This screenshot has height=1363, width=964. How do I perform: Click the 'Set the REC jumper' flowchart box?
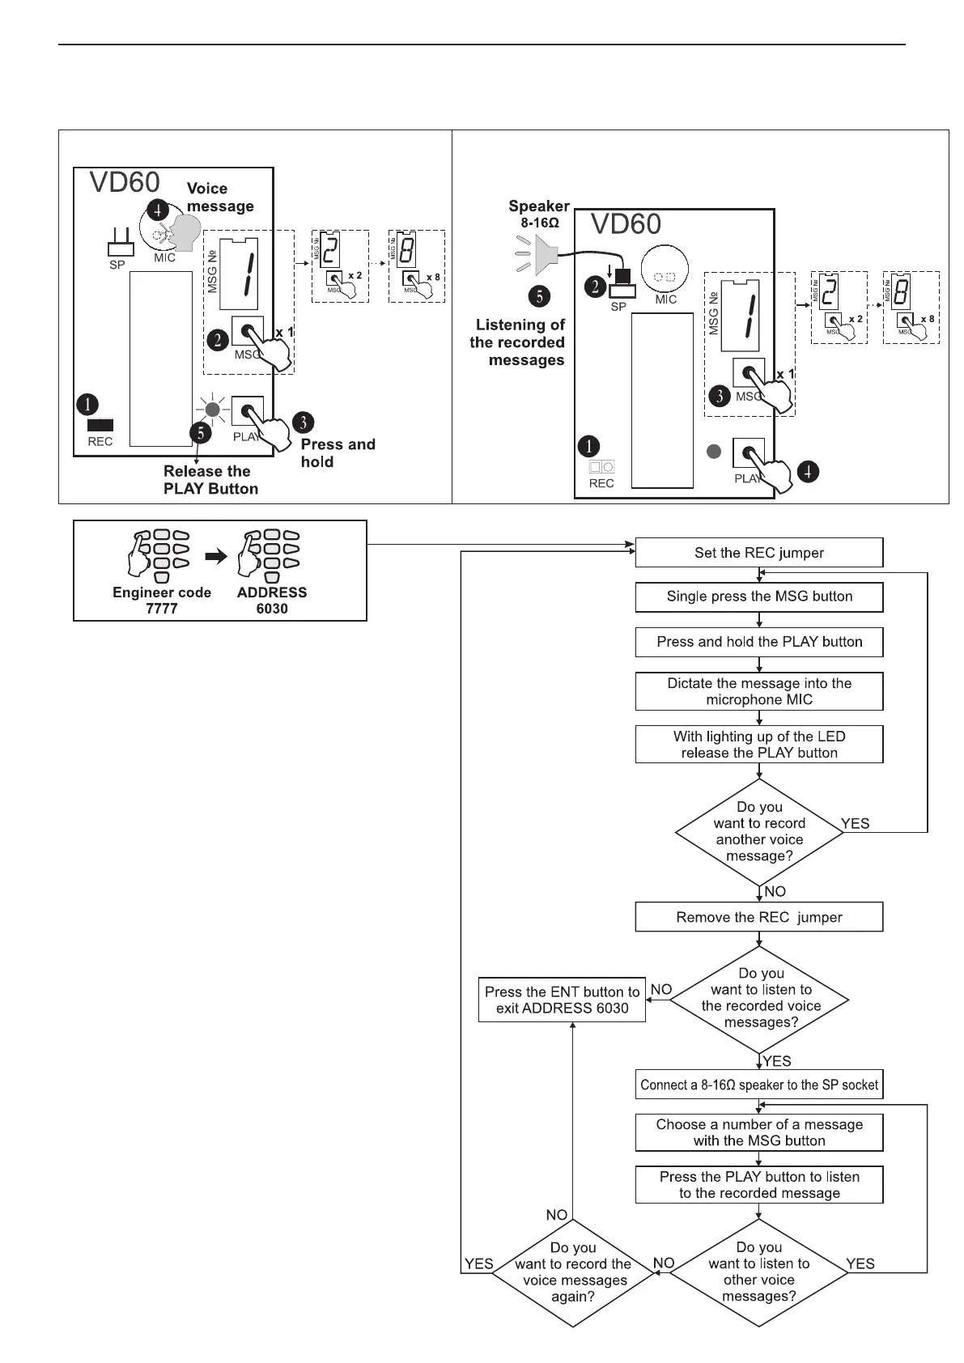click(758, 553)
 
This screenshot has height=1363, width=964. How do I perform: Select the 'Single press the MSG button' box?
click(758, 597)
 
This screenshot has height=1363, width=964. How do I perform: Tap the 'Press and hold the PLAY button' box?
click(758, 642)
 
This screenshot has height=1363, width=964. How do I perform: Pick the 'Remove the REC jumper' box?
click(758, 917)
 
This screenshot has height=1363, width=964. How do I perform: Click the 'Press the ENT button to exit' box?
click(562, 1000)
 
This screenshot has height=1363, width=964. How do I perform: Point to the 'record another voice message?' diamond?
click(759, 831)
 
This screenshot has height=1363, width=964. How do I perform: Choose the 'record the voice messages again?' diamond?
click(573, 1272)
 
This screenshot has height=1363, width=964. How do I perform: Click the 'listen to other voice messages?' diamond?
click(758, 1272)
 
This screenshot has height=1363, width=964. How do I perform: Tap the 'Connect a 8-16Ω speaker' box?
click(758, 1085)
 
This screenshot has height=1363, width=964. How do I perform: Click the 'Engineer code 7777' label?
click(162, 600)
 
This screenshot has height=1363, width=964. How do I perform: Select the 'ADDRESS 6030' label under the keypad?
click(272, 600)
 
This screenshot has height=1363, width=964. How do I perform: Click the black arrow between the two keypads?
click(216, 556)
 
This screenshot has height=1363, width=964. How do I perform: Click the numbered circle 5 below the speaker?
click(540, 296)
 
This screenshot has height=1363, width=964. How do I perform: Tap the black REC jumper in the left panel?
click(100, 424)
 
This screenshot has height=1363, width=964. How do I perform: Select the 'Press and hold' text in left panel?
click(338, 452)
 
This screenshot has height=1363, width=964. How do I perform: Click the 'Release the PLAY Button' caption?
click(210, 480)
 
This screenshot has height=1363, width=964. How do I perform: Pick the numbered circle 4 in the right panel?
click(808, 470)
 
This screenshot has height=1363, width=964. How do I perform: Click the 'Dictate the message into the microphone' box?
click(758, 691)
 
